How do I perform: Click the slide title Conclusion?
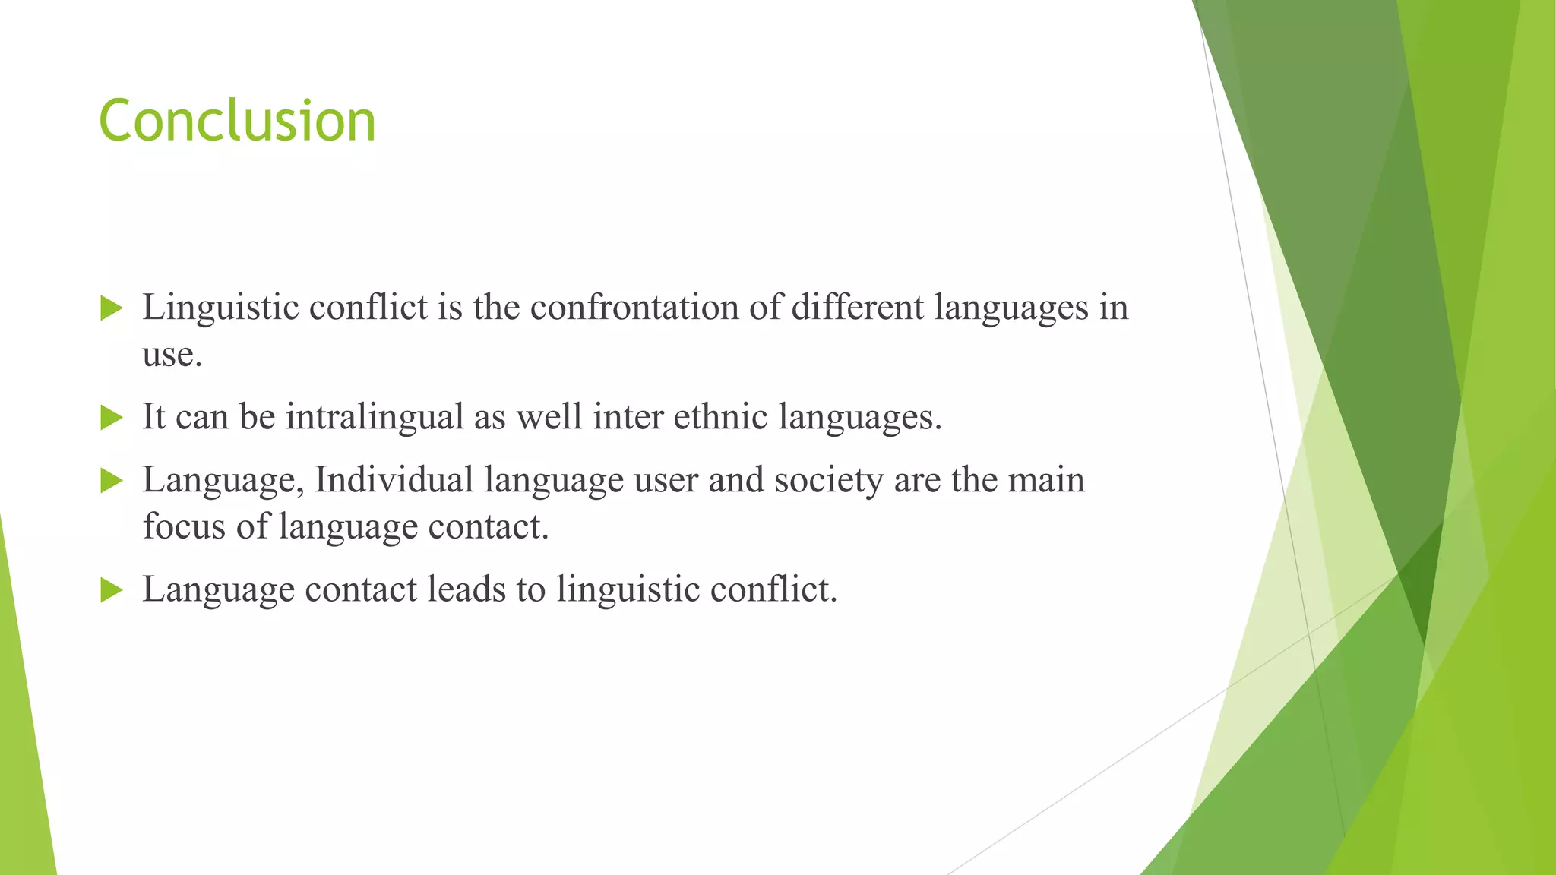click(237, 122)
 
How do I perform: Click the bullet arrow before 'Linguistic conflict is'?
click(112, 309)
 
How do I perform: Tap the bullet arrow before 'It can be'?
click(112, 418)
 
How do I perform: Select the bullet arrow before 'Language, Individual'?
click(112, 481)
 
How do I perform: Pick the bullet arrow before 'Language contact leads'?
click(112, 590)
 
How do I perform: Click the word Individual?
click(394, 480)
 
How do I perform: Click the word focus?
click(184, 526)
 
